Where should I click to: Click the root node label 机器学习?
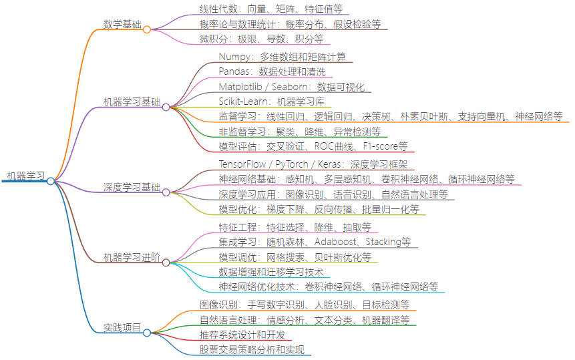(x=26, y=176)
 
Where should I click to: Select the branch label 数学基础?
(x=122, y=25)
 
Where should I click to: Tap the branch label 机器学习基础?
(x=132, y=102)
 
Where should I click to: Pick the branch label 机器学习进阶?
(x=132, y=258)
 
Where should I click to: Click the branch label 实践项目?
(x=122, y=328)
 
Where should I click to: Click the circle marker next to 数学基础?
(x=147, y=29)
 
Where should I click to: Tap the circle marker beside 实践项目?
(x=147, y=332)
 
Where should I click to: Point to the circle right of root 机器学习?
(x=51, y=181)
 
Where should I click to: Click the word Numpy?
(x=234, y=57)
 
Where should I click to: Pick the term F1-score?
(x=385, y=146)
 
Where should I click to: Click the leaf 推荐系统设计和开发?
(x=242, y=335)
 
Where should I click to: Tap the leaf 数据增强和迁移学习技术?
(x=270, y=272)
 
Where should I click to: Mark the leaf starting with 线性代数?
(x=271, y=9)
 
